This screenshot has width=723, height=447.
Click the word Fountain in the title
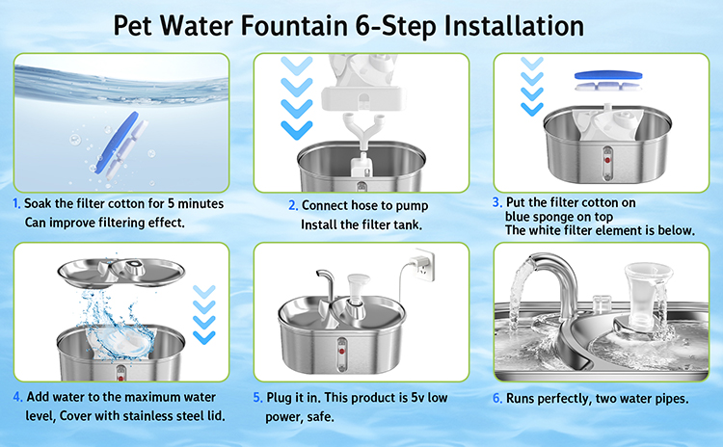[x=294, y=26]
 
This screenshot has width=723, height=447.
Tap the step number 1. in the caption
[x=16, y=203]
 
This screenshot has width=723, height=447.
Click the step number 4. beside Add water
[x=17, y=397]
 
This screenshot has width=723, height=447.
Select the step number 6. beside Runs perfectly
[x=497, y=398]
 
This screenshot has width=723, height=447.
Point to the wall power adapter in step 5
[x=424, y=265]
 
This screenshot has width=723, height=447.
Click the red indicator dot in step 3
[x=607, y=160]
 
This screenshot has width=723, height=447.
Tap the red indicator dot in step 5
[x=341, y=352]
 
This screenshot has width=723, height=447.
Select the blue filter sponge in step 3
[x=608, y=75]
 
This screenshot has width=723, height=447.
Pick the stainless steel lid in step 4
[x=121, y=273]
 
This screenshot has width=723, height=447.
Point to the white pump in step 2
[x=361, y=167]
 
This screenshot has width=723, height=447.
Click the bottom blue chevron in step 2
[x=297, y=129]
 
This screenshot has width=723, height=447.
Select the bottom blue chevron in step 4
[x=204, y=337]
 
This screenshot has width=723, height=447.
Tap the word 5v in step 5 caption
[x=418, y=397]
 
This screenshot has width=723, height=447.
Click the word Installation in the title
[x=514, y=26]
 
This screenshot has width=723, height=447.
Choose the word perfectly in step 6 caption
[x=560, y=399]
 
